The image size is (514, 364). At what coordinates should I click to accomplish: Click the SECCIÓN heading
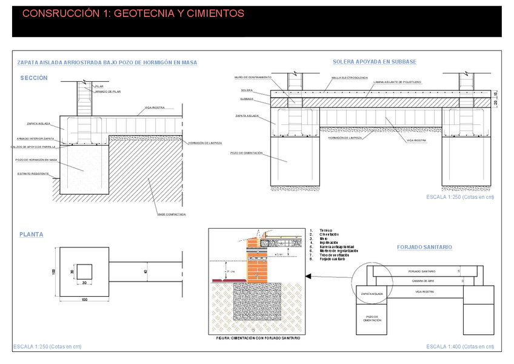[34, 78]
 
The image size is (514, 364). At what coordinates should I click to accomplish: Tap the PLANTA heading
[32, 234]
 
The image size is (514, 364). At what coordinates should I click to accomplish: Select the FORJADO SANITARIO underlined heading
[424, 248]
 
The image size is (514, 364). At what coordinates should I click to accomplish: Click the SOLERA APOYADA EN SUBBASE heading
[375, 62]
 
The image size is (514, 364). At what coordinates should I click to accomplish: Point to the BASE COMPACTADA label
[172, 214]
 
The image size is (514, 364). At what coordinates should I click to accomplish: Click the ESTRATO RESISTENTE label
[33, 174]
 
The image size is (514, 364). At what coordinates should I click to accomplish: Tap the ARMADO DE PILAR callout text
[108, 92]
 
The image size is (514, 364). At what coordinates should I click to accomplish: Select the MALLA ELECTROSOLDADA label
[350, 78]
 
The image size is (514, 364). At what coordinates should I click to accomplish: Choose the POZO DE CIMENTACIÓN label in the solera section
[247, 153]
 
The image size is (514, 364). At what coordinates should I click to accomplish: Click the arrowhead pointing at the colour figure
[309, 277]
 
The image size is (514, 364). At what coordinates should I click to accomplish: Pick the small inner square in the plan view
[84, 273]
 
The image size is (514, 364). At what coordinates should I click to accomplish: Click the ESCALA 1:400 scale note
[460, 346]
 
